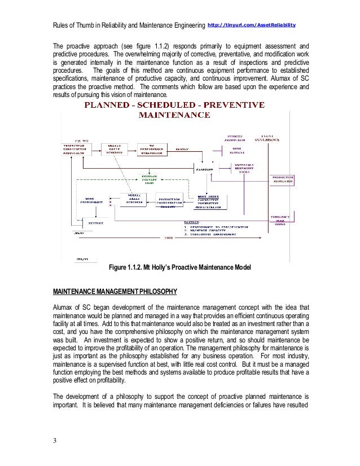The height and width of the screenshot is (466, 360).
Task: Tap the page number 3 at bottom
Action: click(x=55, y=441)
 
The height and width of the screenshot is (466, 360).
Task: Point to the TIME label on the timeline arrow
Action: click(x=169, y=237)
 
